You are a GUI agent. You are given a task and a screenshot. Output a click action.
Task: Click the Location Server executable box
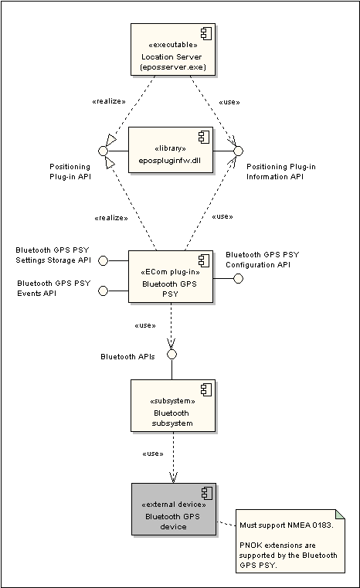pos(173,49)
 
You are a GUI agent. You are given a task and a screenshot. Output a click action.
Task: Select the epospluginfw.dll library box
pos(171,150)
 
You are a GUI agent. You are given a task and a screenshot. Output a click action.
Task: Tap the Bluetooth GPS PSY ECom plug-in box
pos(171,277)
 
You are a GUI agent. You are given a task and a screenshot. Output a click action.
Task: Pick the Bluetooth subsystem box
pos(173,406)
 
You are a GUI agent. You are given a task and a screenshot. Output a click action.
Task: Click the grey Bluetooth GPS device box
pos(174,509)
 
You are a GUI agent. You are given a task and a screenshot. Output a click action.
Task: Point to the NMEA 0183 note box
pos(290,541)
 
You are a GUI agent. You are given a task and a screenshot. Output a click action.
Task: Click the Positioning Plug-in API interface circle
pos(103,151)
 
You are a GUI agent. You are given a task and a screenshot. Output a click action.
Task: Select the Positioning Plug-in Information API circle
pos(238,151)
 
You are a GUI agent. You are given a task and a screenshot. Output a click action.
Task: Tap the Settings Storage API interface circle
pos(103,260)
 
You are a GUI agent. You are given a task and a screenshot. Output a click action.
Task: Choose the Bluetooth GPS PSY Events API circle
pos(103,291)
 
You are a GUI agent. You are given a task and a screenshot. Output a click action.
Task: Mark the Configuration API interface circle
pos(238,279)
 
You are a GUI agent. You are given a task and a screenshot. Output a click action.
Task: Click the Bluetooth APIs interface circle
pos(172,355)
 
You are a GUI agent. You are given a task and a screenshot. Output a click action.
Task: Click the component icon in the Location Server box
pos(206,33)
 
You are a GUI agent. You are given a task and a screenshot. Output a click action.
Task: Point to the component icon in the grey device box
pos(207,493)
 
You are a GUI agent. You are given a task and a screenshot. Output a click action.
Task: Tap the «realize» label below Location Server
pos(109,101)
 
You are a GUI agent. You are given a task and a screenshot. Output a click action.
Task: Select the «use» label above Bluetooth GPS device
pos(153,454)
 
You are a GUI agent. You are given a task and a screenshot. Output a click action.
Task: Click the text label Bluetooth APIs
pos(127,357)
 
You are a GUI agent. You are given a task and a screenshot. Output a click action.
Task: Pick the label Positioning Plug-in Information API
pos(281,172)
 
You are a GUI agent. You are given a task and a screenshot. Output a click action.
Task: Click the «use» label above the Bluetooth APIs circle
pos(145,325)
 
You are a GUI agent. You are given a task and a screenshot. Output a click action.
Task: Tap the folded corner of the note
pos(340,514)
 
